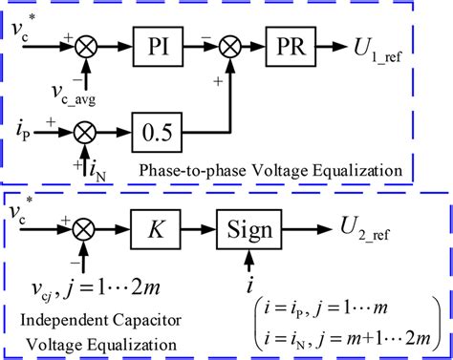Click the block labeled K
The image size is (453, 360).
point(157,231)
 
